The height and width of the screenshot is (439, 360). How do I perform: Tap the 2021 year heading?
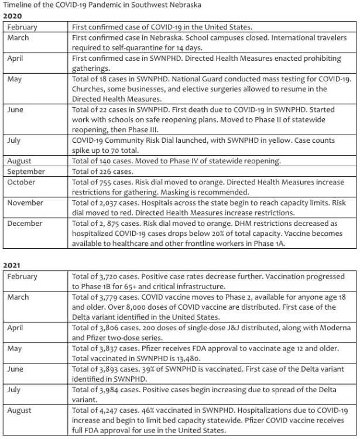[x=12, y=265]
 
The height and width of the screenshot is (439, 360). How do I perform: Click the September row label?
[x=26, y=172]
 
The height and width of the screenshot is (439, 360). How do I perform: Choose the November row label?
[x=25, y=203]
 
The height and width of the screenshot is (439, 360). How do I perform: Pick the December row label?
[x=25, y=223]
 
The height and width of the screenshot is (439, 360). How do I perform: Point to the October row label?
[x=22, y=182]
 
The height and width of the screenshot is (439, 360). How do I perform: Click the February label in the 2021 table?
[x=22, y=276]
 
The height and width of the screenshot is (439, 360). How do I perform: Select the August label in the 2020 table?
[x=20, y=161]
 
